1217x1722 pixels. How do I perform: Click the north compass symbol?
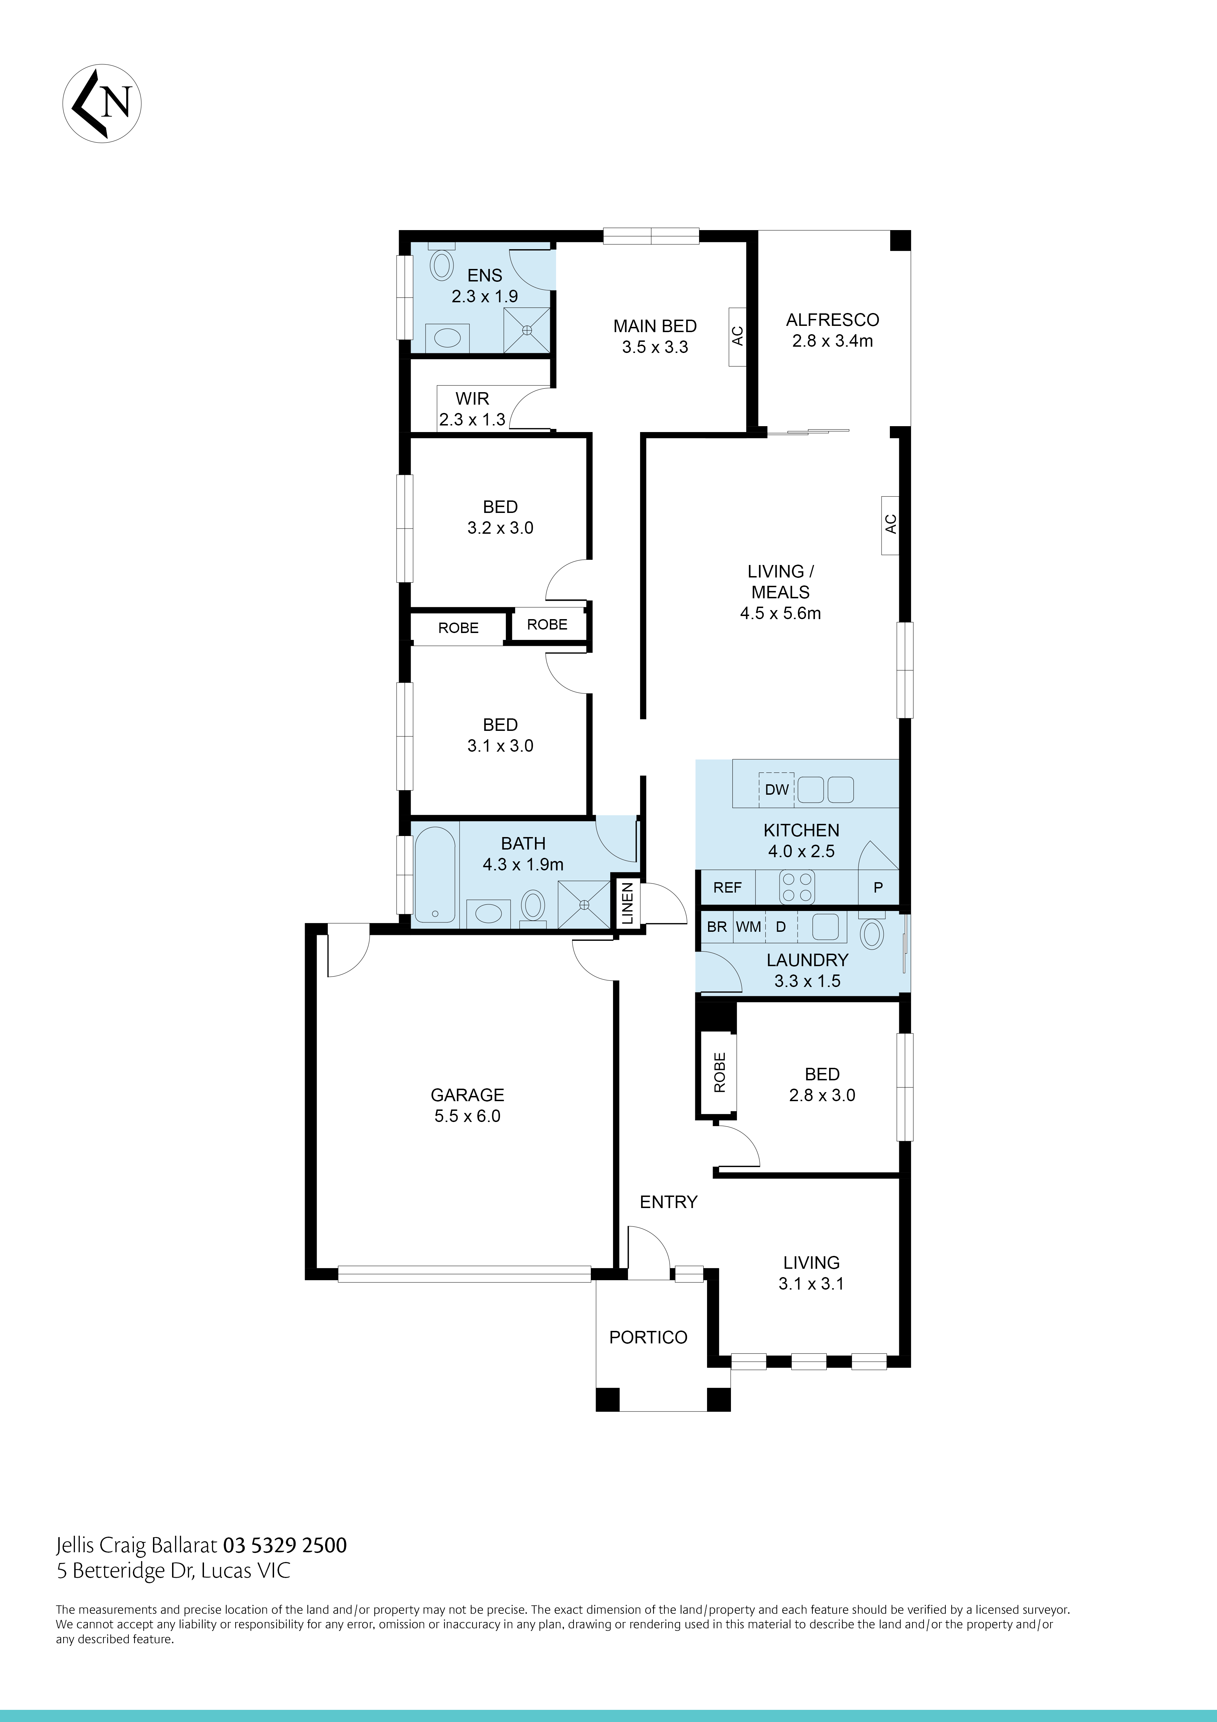pyautogui.click(x=102, y=103)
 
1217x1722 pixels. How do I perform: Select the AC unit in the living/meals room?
pyautogui.click(x=890, y=525)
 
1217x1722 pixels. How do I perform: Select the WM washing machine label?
pyautogui.click(x=748, y=927)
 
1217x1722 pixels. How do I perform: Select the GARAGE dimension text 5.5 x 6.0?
pyautogui.click(x=467, y=1116)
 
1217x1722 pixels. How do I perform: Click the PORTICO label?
pyautogui.click(x=648, y=1337)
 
